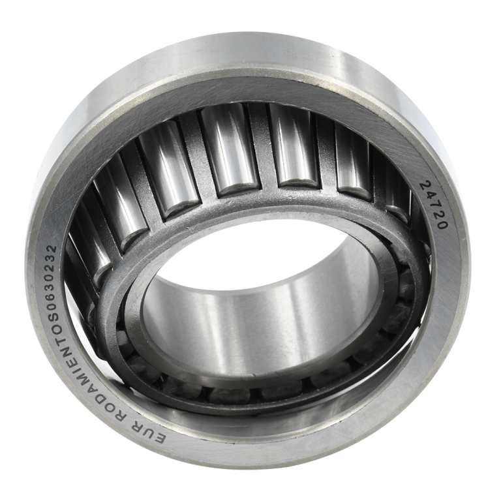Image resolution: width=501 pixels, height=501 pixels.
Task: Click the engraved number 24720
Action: click(x=434, y=205)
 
